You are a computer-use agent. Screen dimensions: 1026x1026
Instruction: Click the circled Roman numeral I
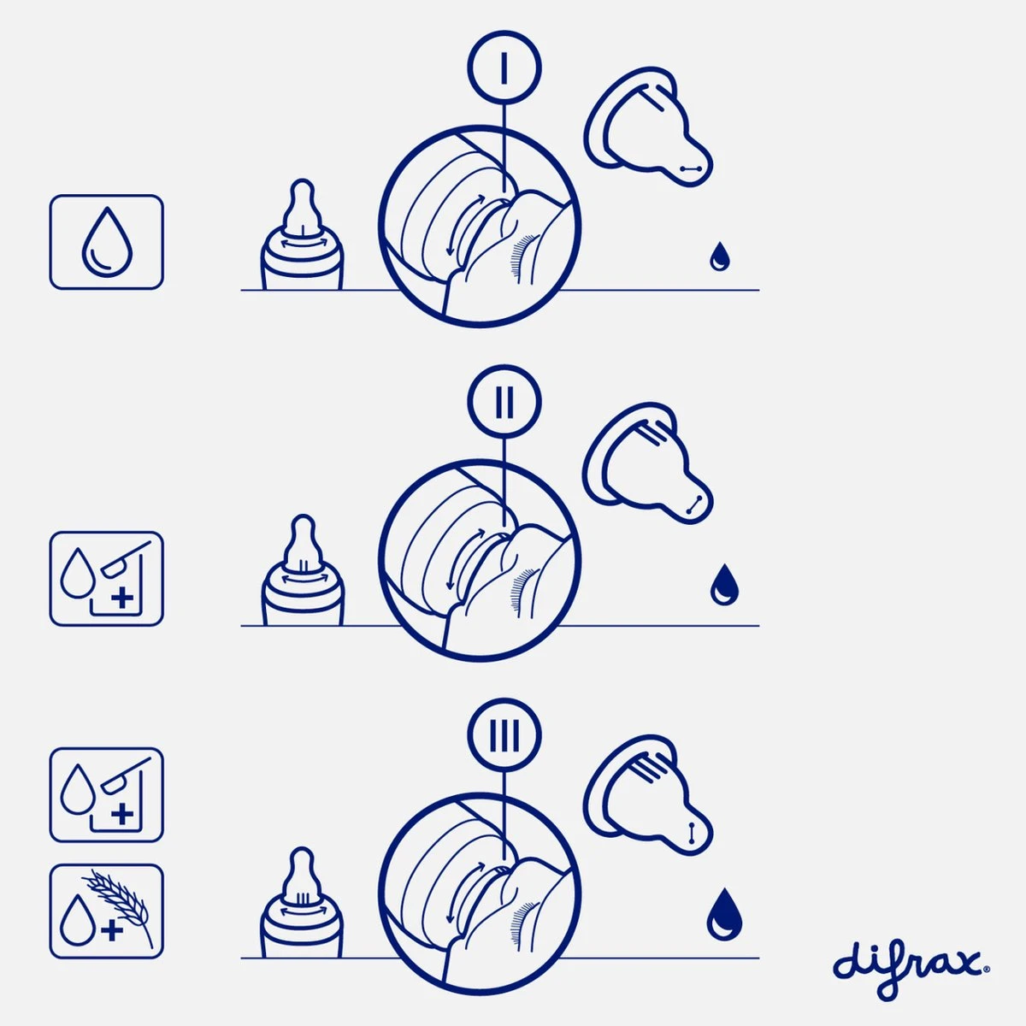pos(504,68)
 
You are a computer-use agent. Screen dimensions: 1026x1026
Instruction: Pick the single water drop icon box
pos(106,242)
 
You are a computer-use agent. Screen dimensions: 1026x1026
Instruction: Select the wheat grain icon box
pos(106,911)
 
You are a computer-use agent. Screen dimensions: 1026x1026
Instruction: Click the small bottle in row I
pos(301,237)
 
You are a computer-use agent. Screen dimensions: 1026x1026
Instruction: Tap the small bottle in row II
pos(301,572)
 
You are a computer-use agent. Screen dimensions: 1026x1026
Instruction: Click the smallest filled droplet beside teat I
pos(719,256)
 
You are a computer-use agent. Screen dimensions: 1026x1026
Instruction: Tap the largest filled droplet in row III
pos(724,914)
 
